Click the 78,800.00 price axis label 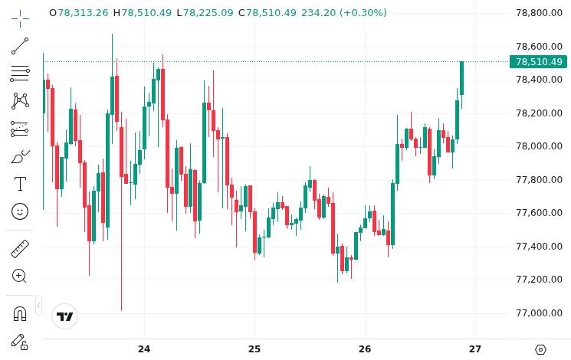540,13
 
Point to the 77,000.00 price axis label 540,313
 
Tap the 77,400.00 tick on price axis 540,246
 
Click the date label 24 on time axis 144,349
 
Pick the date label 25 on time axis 254,349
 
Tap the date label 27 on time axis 475,349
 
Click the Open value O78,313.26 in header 79,13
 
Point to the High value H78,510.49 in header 143,13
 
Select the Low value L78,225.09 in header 205,13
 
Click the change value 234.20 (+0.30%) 344,13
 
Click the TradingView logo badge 65,316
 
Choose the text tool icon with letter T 20,184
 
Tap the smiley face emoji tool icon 20,211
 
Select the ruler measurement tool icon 20,249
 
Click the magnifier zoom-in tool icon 20,276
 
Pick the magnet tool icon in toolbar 20,313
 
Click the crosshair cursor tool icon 20,18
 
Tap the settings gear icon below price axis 540,349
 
